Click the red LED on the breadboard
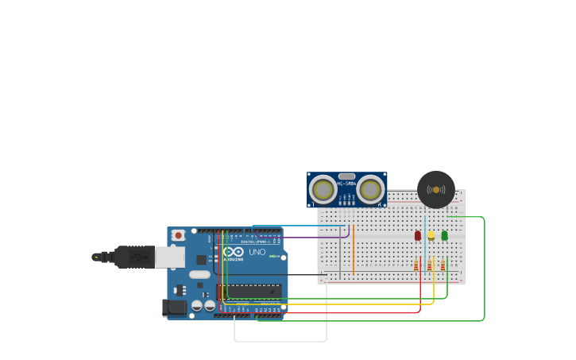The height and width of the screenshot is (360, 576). tap(418, 235)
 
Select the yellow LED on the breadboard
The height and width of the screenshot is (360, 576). tap(431, 235)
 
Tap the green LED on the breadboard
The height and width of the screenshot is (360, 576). tap(444, 235)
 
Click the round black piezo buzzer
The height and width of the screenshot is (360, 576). tap(436, 190)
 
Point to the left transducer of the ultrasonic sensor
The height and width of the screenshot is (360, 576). tap(323, 190)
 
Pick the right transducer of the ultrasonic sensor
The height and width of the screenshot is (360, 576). tap(370, 190)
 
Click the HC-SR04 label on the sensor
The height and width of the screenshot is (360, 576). tap(346, 184)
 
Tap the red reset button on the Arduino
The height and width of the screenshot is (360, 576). tap(178, 235)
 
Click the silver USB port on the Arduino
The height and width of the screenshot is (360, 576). tap(169, 257)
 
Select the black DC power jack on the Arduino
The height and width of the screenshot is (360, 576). tap(175, 307)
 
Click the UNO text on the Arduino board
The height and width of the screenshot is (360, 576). tap(257, 252)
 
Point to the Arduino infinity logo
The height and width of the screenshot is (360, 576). tap(233, 252)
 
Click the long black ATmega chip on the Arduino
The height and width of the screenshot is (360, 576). tap(249, 292)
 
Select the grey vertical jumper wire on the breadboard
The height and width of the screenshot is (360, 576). tap(340, 254)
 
